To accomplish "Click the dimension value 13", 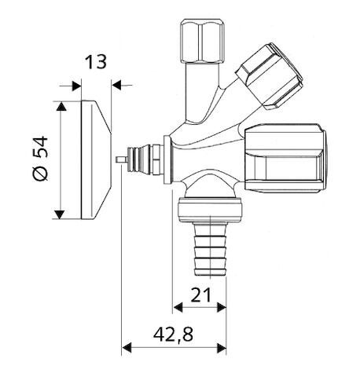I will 96,62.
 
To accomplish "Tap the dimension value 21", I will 199,295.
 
